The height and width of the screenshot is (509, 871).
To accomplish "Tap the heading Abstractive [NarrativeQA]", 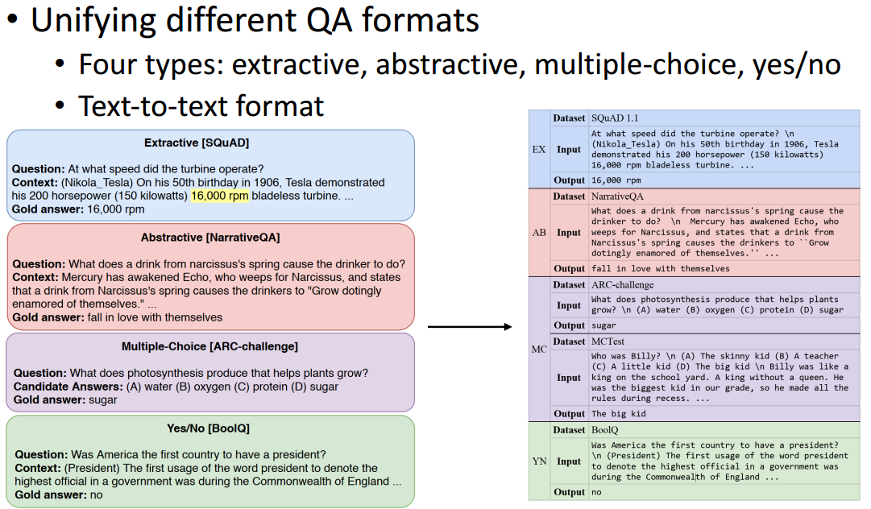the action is click(209, 238).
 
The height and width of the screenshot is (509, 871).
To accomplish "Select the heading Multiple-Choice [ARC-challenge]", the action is click(209, 346).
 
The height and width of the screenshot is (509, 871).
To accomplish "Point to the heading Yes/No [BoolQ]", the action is click(209, 428).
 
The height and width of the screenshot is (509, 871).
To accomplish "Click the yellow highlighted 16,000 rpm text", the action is click(219, 196).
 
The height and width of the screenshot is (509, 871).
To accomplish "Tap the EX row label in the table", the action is click(539, 149).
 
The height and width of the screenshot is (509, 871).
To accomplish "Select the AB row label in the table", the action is click(539, 232).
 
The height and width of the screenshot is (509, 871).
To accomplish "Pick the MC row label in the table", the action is click(539, 350).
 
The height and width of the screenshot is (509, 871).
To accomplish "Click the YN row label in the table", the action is click(539, 461).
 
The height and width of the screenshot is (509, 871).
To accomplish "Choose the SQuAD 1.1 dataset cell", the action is click(614, 118).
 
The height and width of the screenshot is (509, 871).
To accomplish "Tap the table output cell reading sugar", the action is click(603, 325).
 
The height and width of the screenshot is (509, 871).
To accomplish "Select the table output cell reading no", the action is click(597, 492).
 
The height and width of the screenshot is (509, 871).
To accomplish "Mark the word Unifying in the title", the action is click(90, 19).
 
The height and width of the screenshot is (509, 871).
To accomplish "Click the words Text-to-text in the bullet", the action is click(147, 106).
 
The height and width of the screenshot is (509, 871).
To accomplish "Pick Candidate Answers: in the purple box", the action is click(67, 387).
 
